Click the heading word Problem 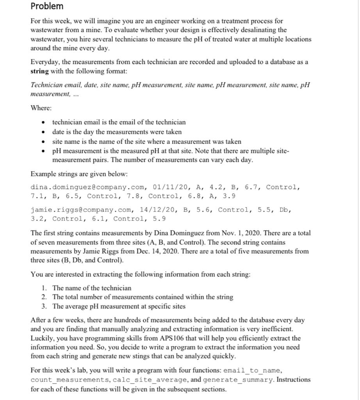tap(47, 6)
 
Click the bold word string tap(40, 71)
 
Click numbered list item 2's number tap(44, 297)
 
